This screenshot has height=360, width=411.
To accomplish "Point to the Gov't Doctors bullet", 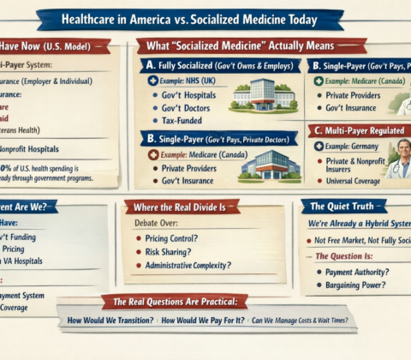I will pyautogui.click(x=188, y=108).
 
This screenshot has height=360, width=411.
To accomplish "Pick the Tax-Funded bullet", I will pyautogui.click(x=185, y=122).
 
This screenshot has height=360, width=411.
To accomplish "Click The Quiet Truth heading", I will pyautogui.click(x=346, y=207).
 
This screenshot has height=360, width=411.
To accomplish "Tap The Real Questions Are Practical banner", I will pyautogui.click(x=175, y=301).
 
